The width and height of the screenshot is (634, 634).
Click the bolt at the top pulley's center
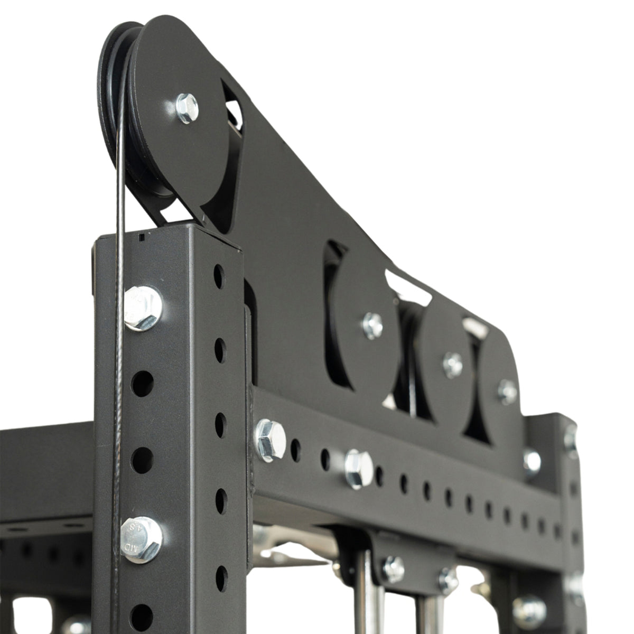tap(187, 108)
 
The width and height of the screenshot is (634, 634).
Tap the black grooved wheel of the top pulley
tap(114, 95)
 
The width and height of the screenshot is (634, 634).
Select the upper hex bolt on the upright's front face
tap(143, 308)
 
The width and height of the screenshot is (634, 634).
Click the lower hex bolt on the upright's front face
tap(141, 539)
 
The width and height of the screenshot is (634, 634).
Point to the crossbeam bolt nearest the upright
tap(271, 440)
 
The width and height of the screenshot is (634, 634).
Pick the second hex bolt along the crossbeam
tap(359, 468)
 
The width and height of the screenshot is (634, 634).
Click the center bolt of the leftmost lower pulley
tap(372, 325)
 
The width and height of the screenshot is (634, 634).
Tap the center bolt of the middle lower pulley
tap(453, 365)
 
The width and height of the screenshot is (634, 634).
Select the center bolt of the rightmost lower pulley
tap(507, 391)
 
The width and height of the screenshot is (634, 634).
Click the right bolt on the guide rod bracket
tap(447, 580)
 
